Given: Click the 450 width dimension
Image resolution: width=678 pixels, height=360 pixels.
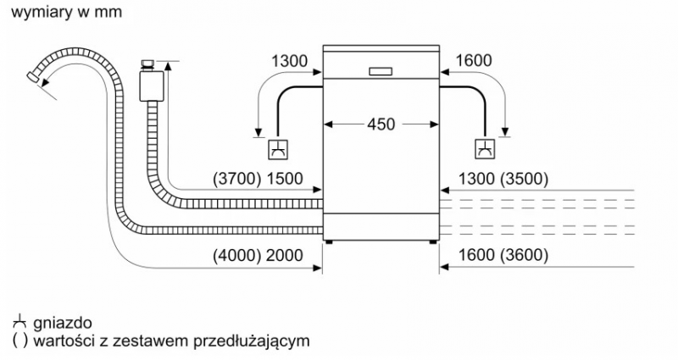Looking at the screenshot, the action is [381, 125].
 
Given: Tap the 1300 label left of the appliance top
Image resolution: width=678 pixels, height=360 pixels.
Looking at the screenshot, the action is [289, 61].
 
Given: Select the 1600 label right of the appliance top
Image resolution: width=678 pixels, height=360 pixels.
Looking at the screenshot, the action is [474, 60].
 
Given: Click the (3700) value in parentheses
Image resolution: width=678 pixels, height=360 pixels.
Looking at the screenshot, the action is [237, 179].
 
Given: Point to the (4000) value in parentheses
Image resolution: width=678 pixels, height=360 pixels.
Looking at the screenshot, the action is [237, 256].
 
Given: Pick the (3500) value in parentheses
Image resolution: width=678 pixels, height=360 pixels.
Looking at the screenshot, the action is [524, 179].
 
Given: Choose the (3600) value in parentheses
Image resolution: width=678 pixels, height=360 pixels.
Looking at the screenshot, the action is [524, 256].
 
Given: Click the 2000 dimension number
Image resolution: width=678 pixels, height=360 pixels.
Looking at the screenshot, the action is [285, 256].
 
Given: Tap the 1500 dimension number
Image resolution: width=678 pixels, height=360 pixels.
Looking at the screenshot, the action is [285, 179].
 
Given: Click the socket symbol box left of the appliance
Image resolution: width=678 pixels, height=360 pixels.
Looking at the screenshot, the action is [278, 149].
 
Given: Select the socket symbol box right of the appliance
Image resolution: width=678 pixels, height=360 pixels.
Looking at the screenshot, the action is [485, 149].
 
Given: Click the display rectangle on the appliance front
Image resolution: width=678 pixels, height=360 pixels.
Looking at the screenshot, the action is [381, 72].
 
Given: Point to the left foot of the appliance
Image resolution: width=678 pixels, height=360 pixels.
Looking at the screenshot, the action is [329, 242].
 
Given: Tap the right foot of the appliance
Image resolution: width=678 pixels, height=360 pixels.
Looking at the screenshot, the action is [433, 242].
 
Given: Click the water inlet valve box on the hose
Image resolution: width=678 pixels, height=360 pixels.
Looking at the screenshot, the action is [152, 86].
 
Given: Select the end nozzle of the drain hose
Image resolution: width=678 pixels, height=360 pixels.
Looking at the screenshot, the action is [33, 78].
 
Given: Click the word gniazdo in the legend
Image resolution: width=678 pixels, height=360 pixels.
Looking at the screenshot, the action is [62, 323].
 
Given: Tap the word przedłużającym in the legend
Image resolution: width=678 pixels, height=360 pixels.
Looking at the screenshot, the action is [251, 341].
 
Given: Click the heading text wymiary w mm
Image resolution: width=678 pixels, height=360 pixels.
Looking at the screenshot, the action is [67, 12].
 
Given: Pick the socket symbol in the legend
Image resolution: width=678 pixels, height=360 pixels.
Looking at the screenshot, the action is [19, 322].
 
